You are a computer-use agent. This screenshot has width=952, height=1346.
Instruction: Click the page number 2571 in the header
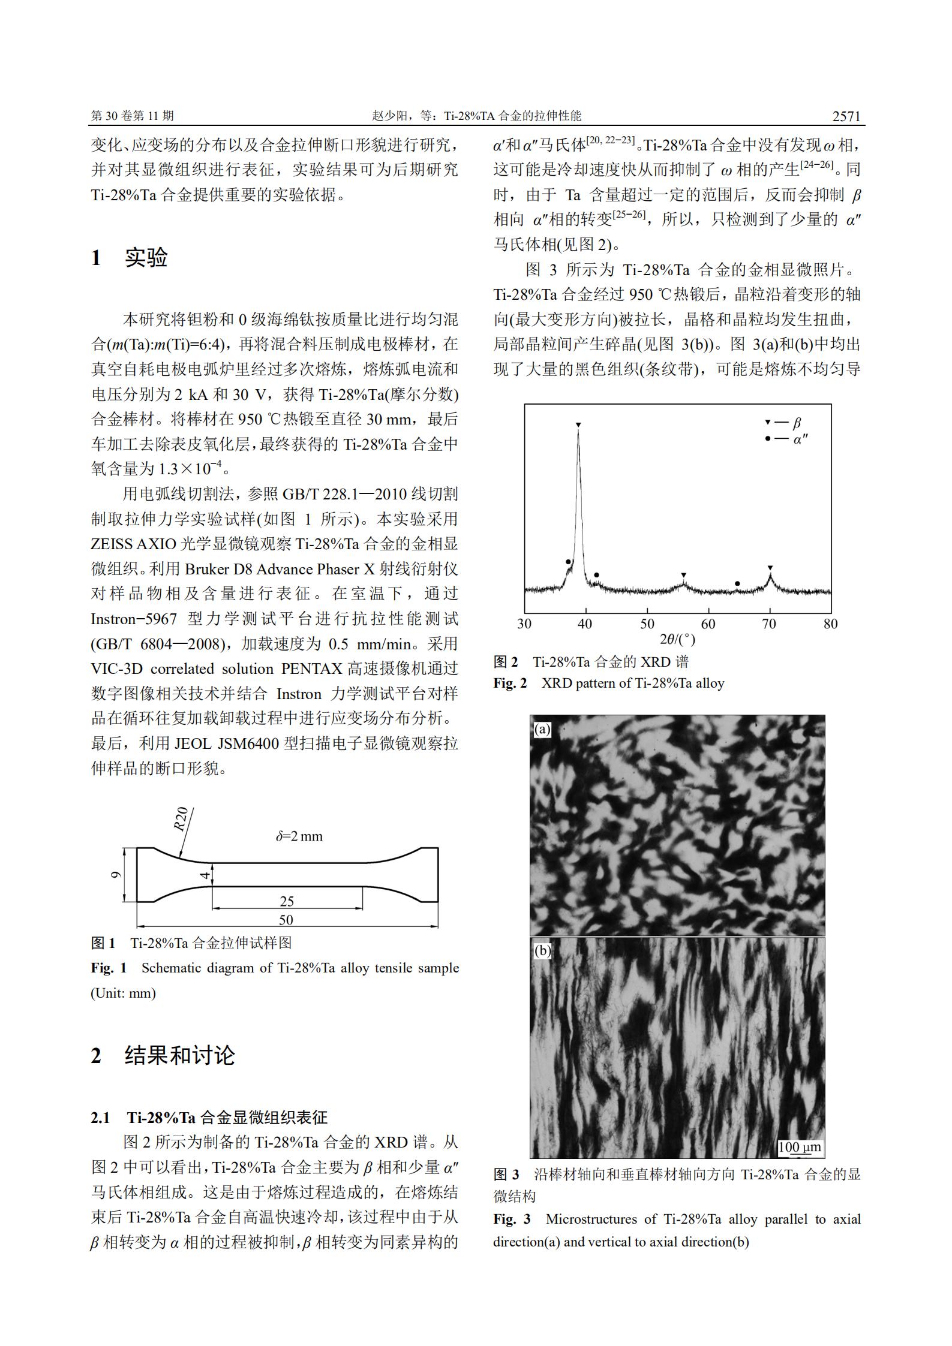click(846, 116)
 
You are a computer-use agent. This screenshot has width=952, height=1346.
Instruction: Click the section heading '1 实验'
click(129, 258)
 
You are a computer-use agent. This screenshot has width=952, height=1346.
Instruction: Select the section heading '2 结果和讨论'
click(163, 1055)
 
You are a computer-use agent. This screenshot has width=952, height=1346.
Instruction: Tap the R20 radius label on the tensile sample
click(181, 819)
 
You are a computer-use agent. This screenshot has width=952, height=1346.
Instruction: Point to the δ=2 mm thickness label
click(299, 836)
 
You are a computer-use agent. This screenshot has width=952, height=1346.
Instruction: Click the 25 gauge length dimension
click(287, 901)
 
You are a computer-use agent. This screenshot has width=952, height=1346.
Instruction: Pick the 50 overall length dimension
click(286, 920)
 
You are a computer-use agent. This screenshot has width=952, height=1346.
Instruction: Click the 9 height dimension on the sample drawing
click(116, 875)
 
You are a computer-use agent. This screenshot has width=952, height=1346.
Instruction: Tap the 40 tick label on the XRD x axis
click(585, 624)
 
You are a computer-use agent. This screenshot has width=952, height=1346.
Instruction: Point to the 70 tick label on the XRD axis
click(769, 624)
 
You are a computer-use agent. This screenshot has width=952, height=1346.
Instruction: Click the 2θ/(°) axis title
click(677, 639)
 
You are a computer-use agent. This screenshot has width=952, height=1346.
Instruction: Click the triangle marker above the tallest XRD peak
click(578, 425)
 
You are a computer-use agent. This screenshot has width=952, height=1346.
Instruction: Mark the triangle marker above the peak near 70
click(770, 567)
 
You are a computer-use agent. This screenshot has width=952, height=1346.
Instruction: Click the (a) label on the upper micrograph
click(542, 729)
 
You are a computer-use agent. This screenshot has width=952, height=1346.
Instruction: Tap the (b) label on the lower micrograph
click(542, 951)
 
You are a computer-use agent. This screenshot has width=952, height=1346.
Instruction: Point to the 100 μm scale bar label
click(799, 1148)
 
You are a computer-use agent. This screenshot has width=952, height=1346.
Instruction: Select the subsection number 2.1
click(100, 1118)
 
